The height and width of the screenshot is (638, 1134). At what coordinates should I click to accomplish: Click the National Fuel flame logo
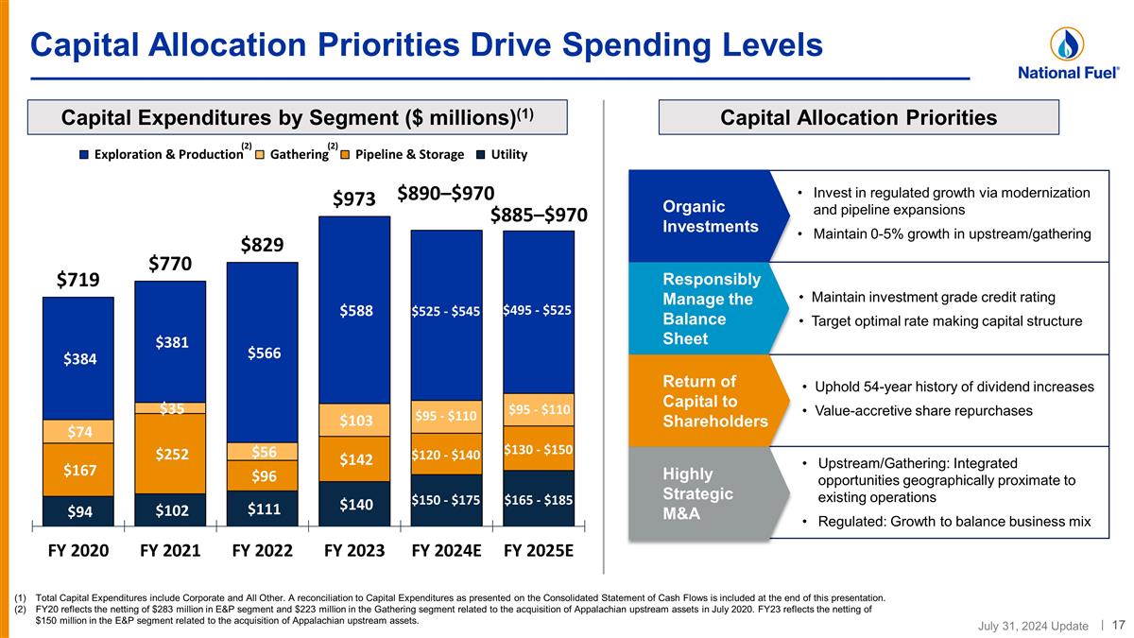click(1066, 43)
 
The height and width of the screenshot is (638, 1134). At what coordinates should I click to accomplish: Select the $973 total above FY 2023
click(354, 199)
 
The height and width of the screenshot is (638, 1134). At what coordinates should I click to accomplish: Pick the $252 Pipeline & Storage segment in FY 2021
click(170, 455)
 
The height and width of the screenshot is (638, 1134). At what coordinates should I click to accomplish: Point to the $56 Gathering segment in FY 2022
click(263, 452)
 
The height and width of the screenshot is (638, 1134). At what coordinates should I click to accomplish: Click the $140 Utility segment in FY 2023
click(354, 505)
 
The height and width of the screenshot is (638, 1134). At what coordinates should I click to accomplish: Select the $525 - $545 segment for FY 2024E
click(446, 311)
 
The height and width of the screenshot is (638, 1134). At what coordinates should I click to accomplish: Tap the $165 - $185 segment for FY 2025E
click(539, 498)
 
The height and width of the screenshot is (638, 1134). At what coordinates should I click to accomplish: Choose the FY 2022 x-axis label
click(263, 550)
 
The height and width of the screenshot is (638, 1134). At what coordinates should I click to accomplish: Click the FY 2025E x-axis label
click(539, 550)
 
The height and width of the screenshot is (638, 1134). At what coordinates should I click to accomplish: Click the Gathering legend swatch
click(260, 155)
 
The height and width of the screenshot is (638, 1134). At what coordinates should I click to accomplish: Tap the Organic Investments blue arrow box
click(703, 216)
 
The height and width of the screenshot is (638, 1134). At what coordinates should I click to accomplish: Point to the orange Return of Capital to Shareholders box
click(703, 401)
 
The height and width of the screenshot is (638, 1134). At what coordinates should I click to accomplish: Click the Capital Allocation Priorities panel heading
click(858, 117)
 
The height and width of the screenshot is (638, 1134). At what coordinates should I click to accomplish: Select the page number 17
click(1118, 624)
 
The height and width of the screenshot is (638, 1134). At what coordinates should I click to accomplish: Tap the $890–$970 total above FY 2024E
click(445, 193)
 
